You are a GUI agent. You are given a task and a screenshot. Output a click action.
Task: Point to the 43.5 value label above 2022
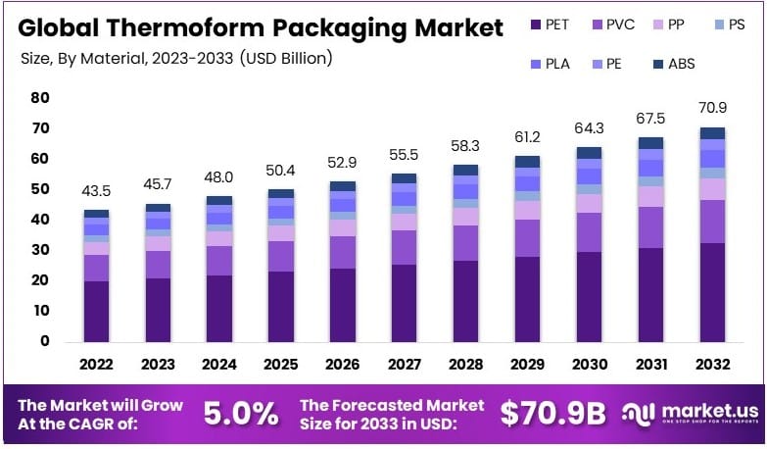pos(96,190)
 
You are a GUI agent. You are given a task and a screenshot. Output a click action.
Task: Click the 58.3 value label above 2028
pos(465,144)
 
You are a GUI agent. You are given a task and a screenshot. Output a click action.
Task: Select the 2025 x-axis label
pos(281,364)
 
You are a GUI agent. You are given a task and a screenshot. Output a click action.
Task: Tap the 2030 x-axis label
pos(590,364)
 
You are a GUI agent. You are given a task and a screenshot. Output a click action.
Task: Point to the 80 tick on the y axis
pos(39,98)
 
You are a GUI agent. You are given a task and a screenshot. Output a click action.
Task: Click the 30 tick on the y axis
pos(39,250)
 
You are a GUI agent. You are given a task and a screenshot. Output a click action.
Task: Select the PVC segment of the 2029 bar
pos(528,238)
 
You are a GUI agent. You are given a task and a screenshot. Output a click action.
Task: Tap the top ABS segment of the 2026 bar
pos(343,185)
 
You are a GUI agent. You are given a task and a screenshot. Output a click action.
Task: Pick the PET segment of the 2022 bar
pos(96,312)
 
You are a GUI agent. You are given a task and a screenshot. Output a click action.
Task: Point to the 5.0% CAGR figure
pos(240,414)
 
